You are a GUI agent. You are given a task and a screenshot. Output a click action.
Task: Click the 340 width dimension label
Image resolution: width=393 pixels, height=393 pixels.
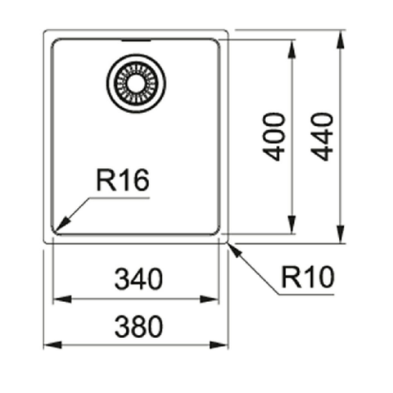point(138,279)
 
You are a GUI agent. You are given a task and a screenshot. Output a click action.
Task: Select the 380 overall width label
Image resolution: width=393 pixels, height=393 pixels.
point(138,327)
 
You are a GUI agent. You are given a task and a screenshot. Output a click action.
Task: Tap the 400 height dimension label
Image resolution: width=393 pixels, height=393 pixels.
point(273,137)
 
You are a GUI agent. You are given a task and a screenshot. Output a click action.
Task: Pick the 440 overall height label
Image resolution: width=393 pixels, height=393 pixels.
point(322,137)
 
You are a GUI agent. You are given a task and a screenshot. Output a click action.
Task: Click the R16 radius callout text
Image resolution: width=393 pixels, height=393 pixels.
point(123,180)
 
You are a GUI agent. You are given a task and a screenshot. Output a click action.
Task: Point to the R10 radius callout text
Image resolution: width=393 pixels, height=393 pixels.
point(308,277)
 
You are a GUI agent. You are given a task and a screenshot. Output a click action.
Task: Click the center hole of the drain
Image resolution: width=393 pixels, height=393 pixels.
point(136,84)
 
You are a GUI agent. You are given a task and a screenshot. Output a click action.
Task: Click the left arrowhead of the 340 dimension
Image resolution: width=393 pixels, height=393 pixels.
point(62,299)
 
